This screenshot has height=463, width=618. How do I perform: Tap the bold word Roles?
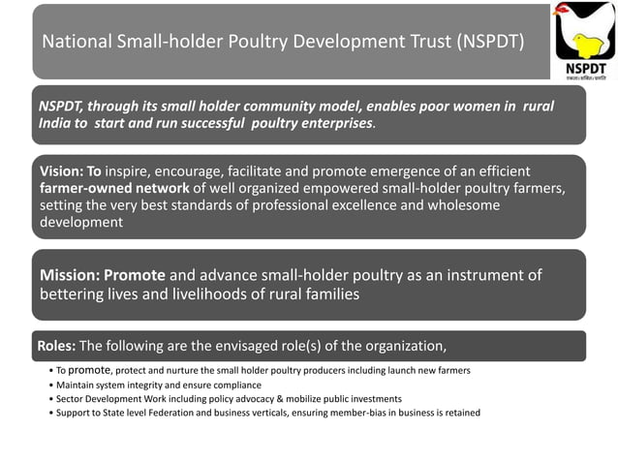[56, 346]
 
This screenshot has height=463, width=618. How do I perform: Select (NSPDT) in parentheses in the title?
[480, 43]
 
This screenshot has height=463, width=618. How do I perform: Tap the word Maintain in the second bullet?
[75, 385]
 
